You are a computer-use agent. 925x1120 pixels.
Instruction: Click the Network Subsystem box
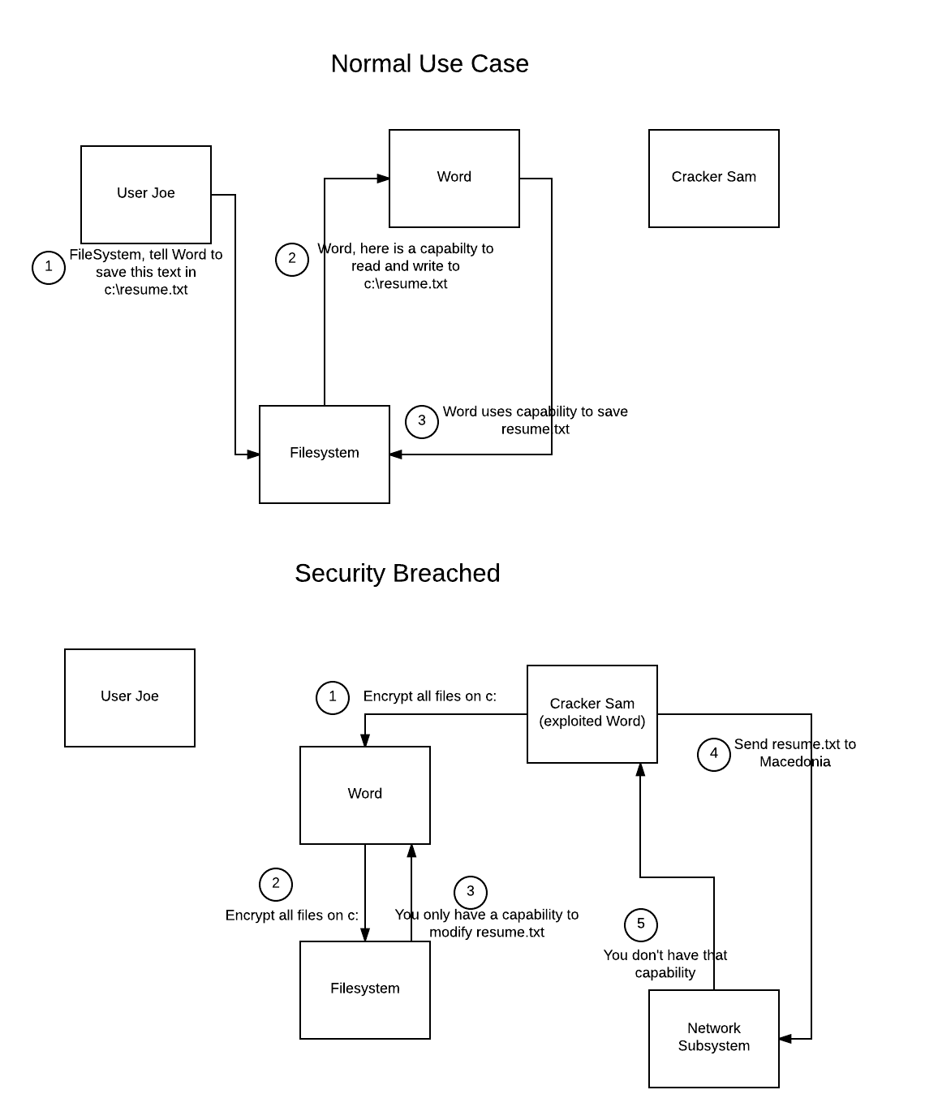pyautogui.click(x=714, y=1039)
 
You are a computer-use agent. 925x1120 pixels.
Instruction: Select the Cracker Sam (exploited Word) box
pyautogui.click(x=592, y=714)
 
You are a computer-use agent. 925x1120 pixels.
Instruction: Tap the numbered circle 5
pyautogui.click(x=641, y=924)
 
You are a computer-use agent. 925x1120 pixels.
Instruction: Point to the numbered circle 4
pyautogui.click(x=714, y=754)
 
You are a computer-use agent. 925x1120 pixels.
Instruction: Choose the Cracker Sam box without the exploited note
pyautogui.click(x=714, y=179)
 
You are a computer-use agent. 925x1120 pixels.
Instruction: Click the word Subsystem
pyautogui.click(x=714, y=1046)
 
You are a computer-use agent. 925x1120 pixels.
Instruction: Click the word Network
pyautogui.click(x=714, y=1028)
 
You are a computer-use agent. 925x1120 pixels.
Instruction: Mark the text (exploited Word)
pyautogui.click(x=592, y=722)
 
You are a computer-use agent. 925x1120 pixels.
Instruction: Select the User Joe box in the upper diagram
pyautogui.click(x=146, y=195)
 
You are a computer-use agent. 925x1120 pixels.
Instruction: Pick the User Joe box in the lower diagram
pyautogui.click(x=130, y=698)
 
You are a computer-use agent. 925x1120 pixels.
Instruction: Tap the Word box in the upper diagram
pyautogui.click(x=454, y=179)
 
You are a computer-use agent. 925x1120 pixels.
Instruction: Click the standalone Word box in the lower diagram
pyautogui.click(x=365, y=795)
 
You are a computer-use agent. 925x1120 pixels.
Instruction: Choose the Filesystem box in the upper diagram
pyautogui.click(x=325, y=454)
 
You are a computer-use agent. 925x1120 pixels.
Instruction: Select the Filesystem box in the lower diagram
pyautogui.click(x=365, y=990)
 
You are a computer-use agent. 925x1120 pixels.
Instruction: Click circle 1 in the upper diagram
pyautogui.click(x=49, y=267)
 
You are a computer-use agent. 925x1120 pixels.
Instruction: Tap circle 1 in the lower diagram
pyautogui.click(x=333, y=697)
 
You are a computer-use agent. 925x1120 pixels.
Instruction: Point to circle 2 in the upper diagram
pyautogui.click(x=292, y=259)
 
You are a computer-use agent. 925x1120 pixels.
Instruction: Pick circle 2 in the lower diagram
pyautogui.click(x=276, y=884)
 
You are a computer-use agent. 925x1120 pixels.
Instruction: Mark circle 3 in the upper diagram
pyautogui.click(x=422, y=421)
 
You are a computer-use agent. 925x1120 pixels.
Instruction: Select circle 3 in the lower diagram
pyautogui.click(x=471, y=892)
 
